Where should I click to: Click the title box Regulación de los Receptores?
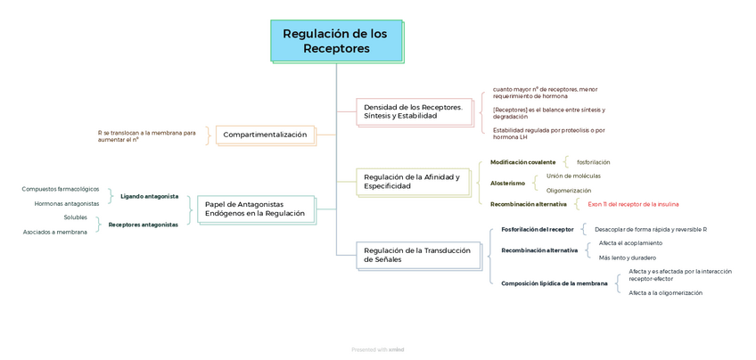click(335, 41)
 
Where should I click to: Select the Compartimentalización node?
click(265, 135)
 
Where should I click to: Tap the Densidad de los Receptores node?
click(414, 111)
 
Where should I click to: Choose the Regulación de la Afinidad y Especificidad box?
click(413, 182)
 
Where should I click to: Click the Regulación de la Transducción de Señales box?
click(416, 255)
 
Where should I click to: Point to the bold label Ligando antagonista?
click(149, 196)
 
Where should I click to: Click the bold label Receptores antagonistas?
click(143, 225)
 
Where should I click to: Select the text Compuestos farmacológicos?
click(61, 189)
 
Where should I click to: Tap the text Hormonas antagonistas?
click(67, 203)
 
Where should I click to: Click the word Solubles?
click(75, 217)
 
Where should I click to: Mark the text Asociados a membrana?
click(55, 232)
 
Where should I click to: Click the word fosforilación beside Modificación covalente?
click(593, 162)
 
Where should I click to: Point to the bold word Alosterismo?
click(507, 184)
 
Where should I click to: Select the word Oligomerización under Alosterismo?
click(569, 191)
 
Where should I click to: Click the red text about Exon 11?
click(634, 204)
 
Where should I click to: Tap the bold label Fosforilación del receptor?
click(538, 229)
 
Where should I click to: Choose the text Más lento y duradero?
click(620, 258)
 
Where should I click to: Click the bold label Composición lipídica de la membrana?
click(555, 283)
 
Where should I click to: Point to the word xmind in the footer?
click(396, 350)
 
